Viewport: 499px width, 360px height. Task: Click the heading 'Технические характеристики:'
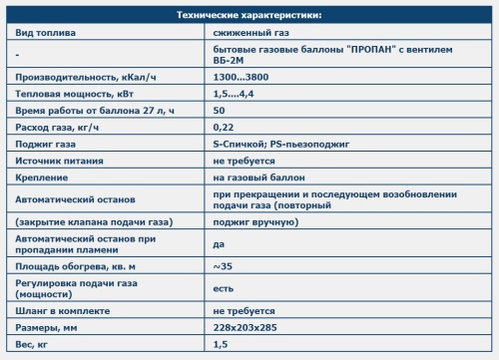click(249, 16)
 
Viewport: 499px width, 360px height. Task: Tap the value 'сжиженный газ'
click(246, 33)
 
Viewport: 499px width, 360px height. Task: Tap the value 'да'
click(220, 244)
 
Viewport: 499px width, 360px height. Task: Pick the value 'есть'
click(225, 288)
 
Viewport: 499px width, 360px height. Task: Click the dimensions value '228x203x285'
click(245, 327)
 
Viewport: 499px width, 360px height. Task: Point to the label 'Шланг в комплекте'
click(59, 311)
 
